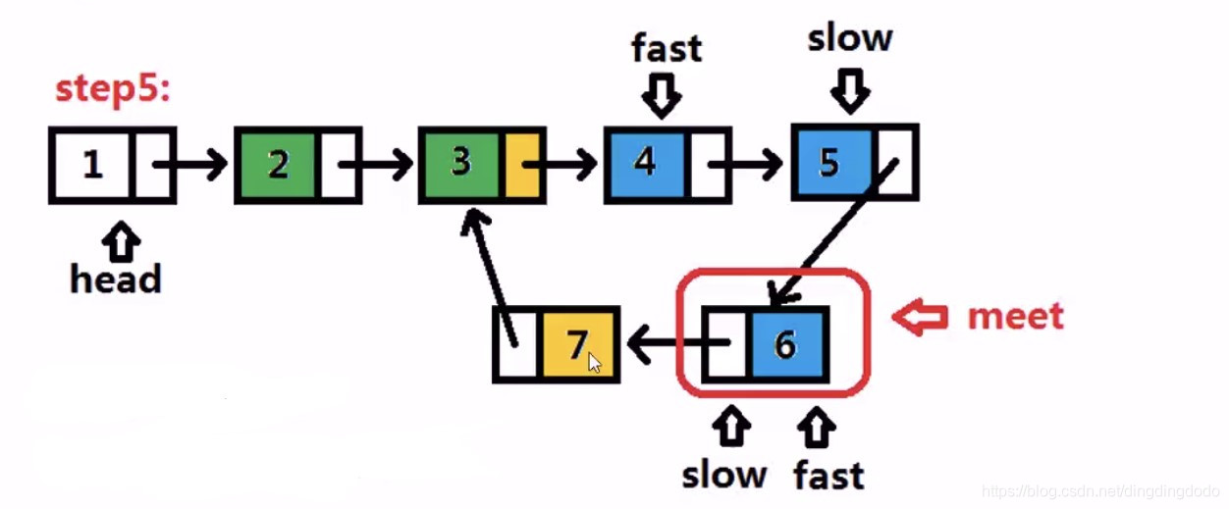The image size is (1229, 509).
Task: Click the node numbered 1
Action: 91,165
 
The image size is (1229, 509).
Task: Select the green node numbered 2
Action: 278,165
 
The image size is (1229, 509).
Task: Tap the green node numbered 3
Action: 461,163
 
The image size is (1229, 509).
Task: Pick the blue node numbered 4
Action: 645,163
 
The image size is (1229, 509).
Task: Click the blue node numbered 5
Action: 830,163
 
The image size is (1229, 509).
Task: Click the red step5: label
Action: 113,89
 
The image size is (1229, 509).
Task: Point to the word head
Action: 116,280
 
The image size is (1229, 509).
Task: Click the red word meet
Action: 1015,316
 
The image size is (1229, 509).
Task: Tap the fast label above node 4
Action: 667,47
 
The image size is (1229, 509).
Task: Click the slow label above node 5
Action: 850,39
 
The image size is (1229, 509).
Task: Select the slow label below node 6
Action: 724,475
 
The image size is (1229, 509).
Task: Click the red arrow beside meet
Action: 919,318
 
